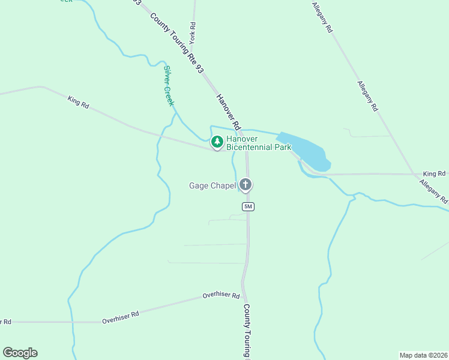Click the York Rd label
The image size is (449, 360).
(x=193, y=34)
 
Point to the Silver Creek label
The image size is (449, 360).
(x=169, y=86)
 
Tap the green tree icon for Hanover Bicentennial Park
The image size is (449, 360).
(x=217, y=142)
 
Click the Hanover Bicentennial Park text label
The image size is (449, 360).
(x=258, y=143)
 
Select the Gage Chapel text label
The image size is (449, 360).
(x=212, y=185)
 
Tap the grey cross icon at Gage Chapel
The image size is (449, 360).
(x=245, y=185)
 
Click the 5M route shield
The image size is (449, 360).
(x=249, y=206)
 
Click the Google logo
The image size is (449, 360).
(x=20, y=353)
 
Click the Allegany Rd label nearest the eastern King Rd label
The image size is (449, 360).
(x=433, y=190)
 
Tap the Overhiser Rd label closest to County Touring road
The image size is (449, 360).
(x=221, y=296)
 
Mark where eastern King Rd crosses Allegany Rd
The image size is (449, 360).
(x=418, y=175)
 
